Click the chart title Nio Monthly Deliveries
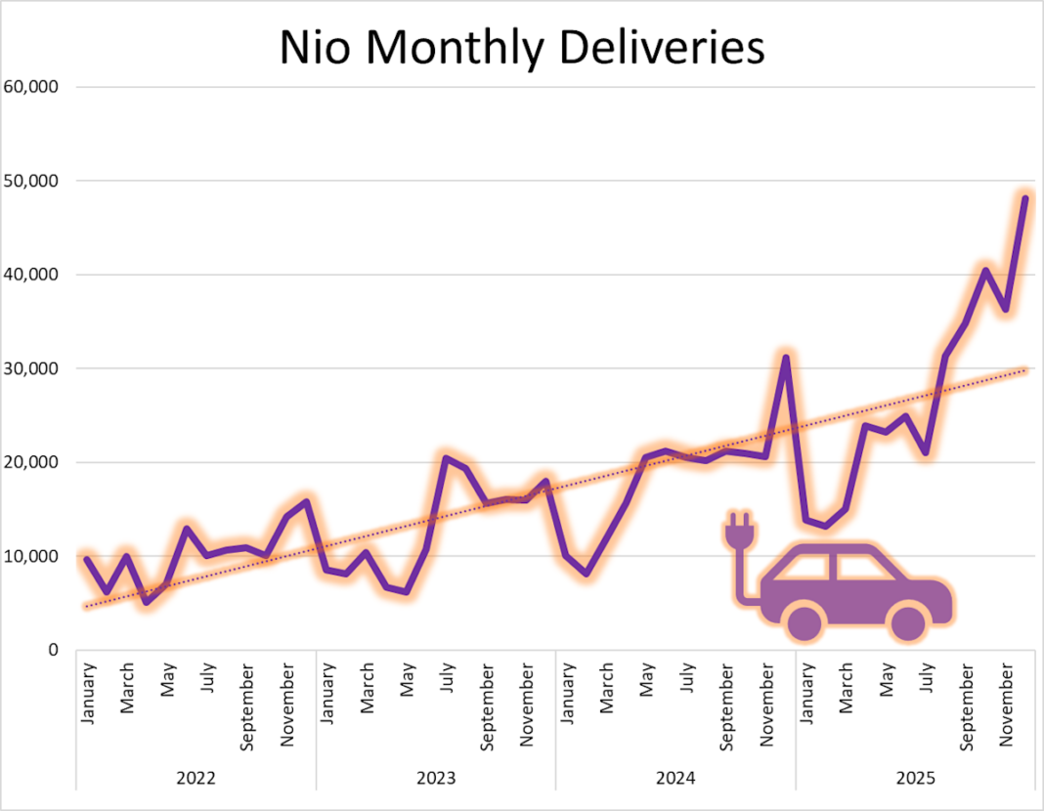point(522,48)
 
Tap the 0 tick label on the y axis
point(54,650)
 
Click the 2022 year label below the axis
point(196,778)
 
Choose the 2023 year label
point(436,778)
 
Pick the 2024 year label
point(675,778)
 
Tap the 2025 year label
point(915,778)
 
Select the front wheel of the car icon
point(908,621)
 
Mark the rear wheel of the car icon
point(805,621)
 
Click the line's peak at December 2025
point(1025,198)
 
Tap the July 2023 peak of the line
point(446,458)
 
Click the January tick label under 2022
point(87,694)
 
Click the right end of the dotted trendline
point(1025,369)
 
